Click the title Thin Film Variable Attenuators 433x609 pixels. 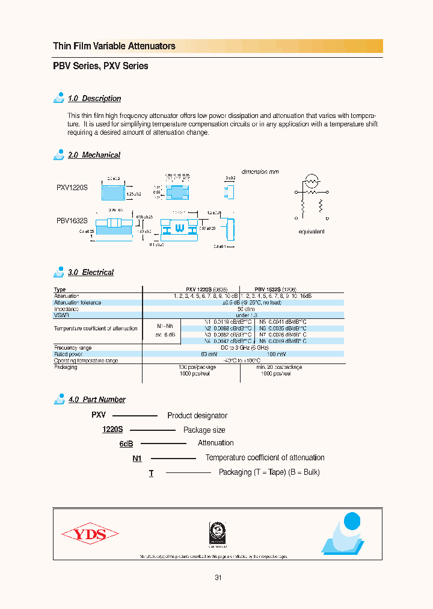(x=114, y=46)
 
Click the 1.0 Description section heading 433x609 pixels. (x=94, y=99)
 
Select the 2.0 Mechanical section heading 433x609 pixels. (x=94, y=155)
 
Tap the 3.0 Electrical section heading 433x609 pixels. (x=91, y=273)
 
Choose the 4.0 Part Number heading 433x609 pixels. (x=97, y=400)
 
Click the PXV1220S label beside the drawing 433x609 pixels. (x=72, y=187)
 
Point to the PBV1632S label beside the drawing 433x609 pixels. (x=72, y=220)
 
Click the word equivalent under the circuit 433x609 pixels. (x=312, y=232)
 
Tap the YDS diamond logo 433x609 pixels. (x=90, y=534)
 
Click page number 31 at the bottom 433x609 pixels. (x=218, y=578)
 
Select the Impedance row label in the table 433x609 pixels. (x=66, y=309)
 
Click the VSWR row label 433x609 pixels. (x=61, y=315)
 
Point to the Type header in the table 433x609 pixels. (x=60, y=289)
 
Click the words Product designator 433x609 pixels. (x=197, y=416)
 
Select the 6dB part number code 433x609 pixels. (x=126, y=444)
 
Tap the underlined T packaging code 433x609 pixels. (x=152, y=473)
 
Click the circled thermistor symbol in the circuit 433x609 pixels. (x=312, y=180)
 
